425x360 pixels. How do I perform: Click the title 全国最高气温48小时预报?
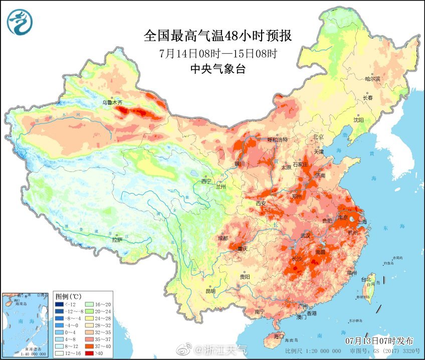pos(218,36)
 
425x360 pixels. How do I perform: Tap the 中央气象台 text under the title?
pos(218,69)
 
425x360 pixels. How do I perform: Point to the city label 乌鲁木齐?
pos(112,102)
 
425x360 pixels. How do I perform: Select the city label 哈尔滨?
pos(372,79)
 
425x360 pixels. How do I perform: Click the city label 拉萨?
pos(117,240)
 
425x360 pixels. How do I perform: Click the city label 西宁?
pos(206,181)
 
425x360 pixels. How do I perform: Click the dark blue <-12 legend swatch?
pos(59,304)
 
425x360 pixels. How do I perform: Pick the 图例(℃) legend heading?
pos(69,296)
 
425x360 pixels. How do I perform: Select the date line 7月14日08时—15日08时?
pos(218,53)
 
